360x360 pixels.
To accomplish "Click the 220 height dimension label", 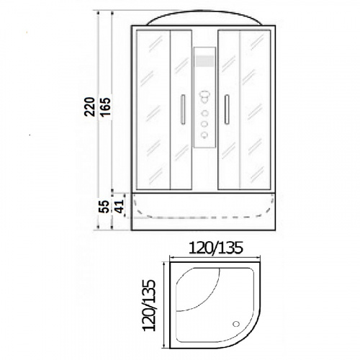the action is [89, 107].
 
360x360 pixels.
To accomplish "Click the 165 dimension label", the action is [105, 107].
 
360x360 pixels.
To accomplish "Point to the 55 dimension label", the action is [104, 207].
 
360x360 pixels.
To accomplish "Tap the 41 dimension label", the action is [119, 207].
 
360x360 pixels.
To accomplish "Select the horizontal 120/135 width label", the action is [216, 248].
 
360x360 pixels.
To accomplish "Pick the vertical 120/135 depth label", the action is [149, 305].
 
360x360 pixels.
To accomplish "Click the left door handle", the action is [183, 109].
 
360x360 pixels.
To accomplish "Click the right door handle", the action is [227, 109].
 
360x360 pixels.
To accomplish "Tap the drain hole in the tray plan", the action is [236, 324].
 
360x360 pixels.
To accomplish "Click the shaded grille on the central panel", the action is [204, 61].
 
